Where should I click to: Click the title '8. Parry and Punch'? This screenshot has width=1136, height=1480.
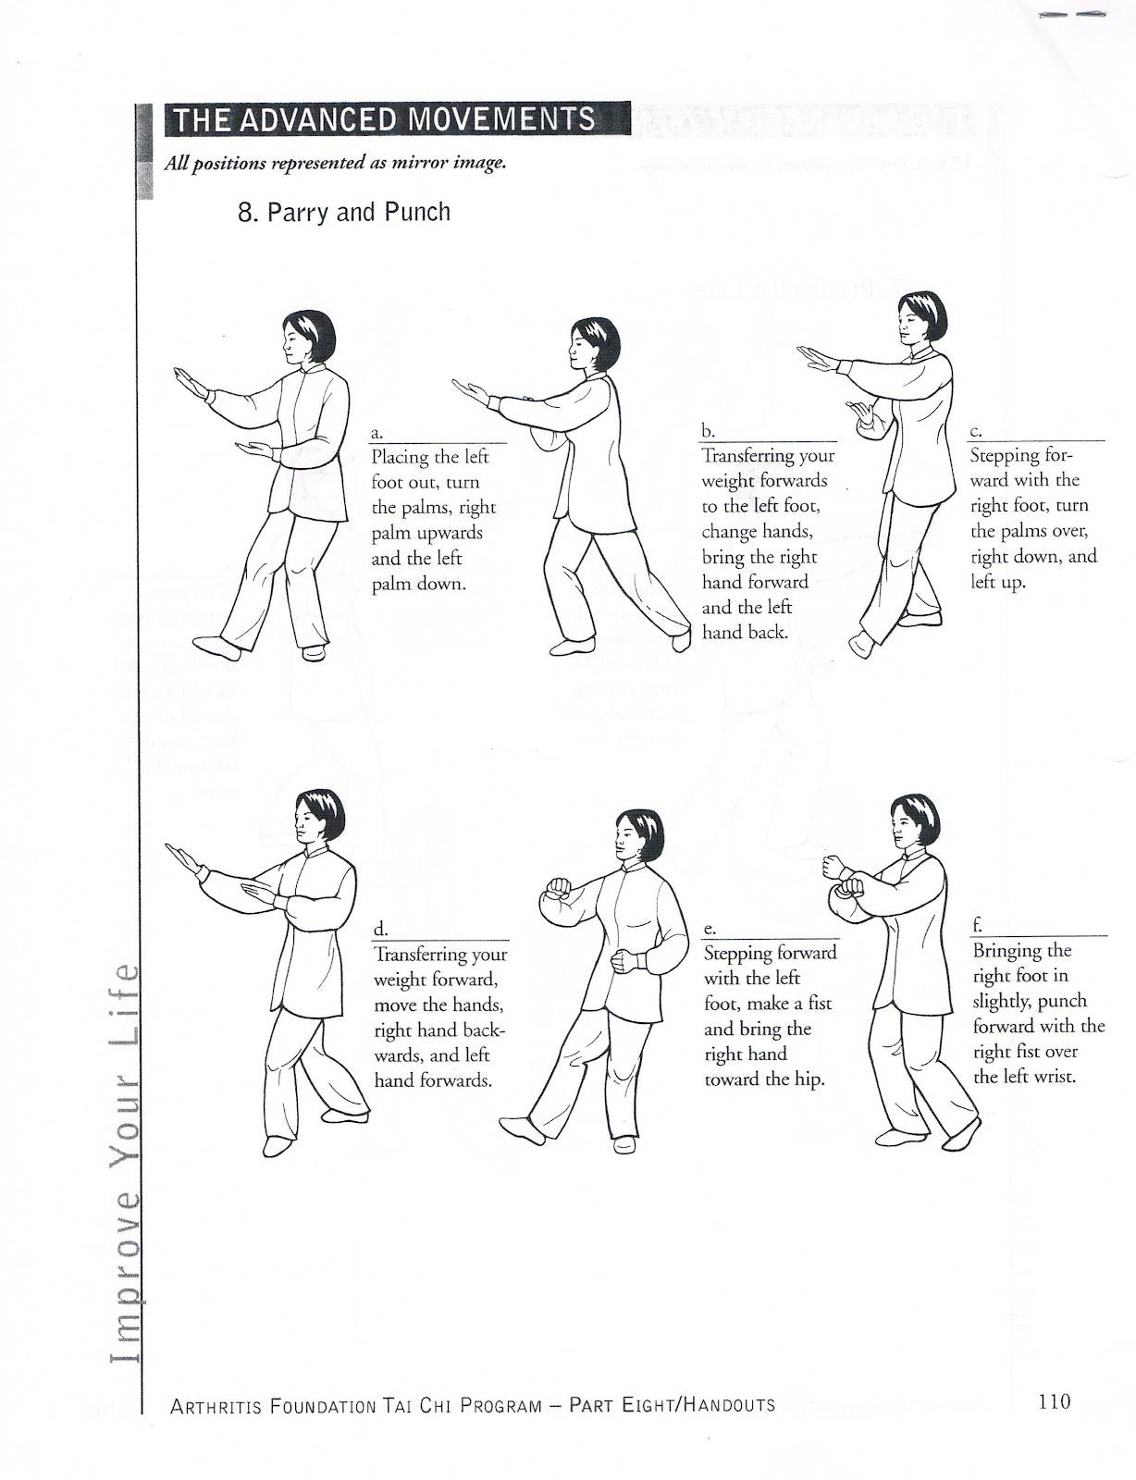pyautogui.click(x=344, y=213)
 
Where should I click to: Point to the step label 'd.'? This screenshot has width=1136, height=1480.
pyautogui.click(x=379, y=929)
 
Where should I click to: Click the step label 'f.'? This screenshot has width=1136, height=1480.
pyautogui.click(x=977, y=925)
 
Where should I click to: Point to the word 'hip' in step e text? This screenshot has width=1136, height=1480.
pyautogui.click(x=808, y=1079)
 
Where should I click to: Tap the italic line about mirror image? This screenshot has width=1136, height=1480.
pyautogui.click(x=335, y=163)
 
